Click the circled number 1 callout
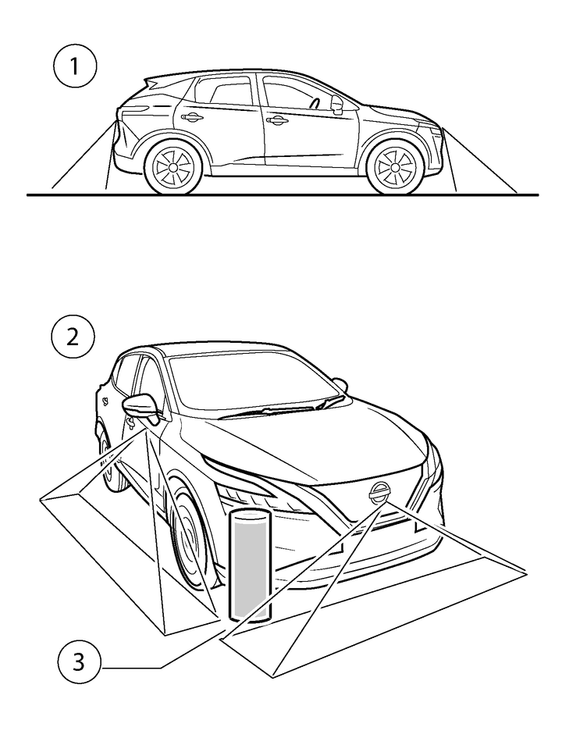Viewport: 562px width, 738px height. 75,67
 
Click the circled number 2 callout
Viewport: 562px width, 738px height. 73,337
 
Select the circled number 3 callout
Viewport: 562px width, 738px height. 79,662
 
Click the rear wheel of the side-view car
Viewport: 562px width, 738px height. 172,166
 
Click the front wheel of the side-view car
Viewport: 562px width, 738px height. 394,166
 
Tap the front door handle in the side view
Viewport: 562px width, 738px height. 276,121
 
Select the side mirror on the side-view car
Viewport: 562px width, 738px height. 337,104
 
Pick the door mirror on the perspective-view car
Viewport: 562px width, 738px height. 140,407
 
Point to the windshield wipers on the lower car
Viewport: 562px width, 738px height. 283,408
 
